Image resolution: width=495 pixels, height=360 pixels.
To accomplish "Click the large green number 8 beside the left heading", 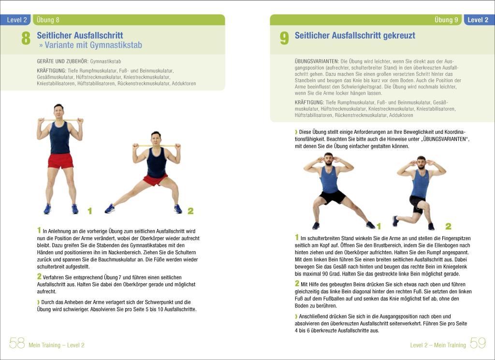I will [x=26, y=38].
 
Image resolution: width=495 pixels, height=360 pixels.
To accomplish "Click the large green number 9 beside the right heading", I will [x=284, y=38].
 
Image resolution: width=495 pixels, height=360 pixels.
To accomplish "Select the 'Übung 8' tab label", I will [x=48, y=20].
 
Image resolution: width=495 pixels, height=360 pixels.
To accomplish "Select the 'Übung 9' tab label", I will [x=446, y=20].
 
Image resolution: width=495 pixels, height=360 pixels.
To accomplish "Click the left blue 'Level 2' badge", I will [x=17, y=20].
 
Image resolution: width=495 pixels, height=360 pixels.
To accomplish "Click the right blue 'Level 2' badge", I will [x=478, y=20].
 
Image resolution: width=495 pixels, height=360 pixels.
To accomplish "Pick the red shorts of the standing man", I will [x=60, y=160].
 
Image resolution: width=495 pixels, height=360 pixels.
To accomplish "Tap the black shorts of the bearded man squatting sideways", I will [x=333, y=197].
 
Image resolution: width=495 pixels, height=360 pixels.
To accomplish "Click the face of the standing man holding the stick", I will [x=59, y=112].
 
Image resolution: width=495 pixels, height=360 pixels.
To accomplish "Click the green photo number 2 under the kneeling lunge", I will [x=448, y=226].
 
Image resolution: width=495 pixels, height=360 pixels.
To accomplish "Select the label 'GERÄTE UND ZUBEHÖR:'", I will [x=62, y=61].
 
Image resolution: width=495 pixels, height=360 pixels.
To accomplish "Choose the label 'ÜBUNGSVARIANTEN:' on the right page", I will [x=316, y=61].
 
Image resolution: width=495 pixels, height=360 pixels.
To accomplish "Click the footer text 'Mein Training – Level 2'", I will [x=57, y=345].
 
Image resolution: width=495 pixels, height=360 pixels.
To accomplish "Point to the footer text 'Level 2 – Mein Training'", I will [x=438, y=345].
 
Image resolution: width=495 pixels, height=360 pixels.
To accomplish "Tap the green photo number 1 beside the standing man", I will [x=89, y=211].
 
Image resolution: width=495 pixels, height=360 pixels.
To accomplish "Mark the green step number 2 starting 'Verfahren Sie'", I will [x=39, y=276].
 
